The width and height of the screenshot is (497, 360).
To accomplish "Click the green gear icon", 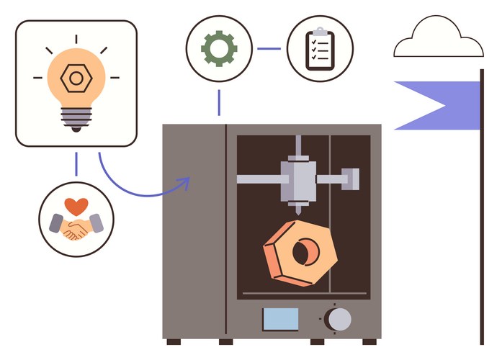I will (218, 48).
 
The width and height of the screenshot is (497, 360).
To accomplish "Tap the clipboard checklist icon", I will (319, 48).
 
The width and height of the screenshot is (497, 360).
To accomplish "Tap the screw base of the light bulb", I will (76, 117).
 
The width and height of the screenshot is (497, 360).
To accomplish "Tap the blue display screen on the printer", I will (279, 318).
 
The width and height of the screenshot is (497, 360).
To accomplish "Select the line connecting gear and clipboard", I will (269, 49).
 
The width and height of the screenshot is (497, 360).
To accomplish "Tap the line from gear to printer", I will (218, 102).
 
